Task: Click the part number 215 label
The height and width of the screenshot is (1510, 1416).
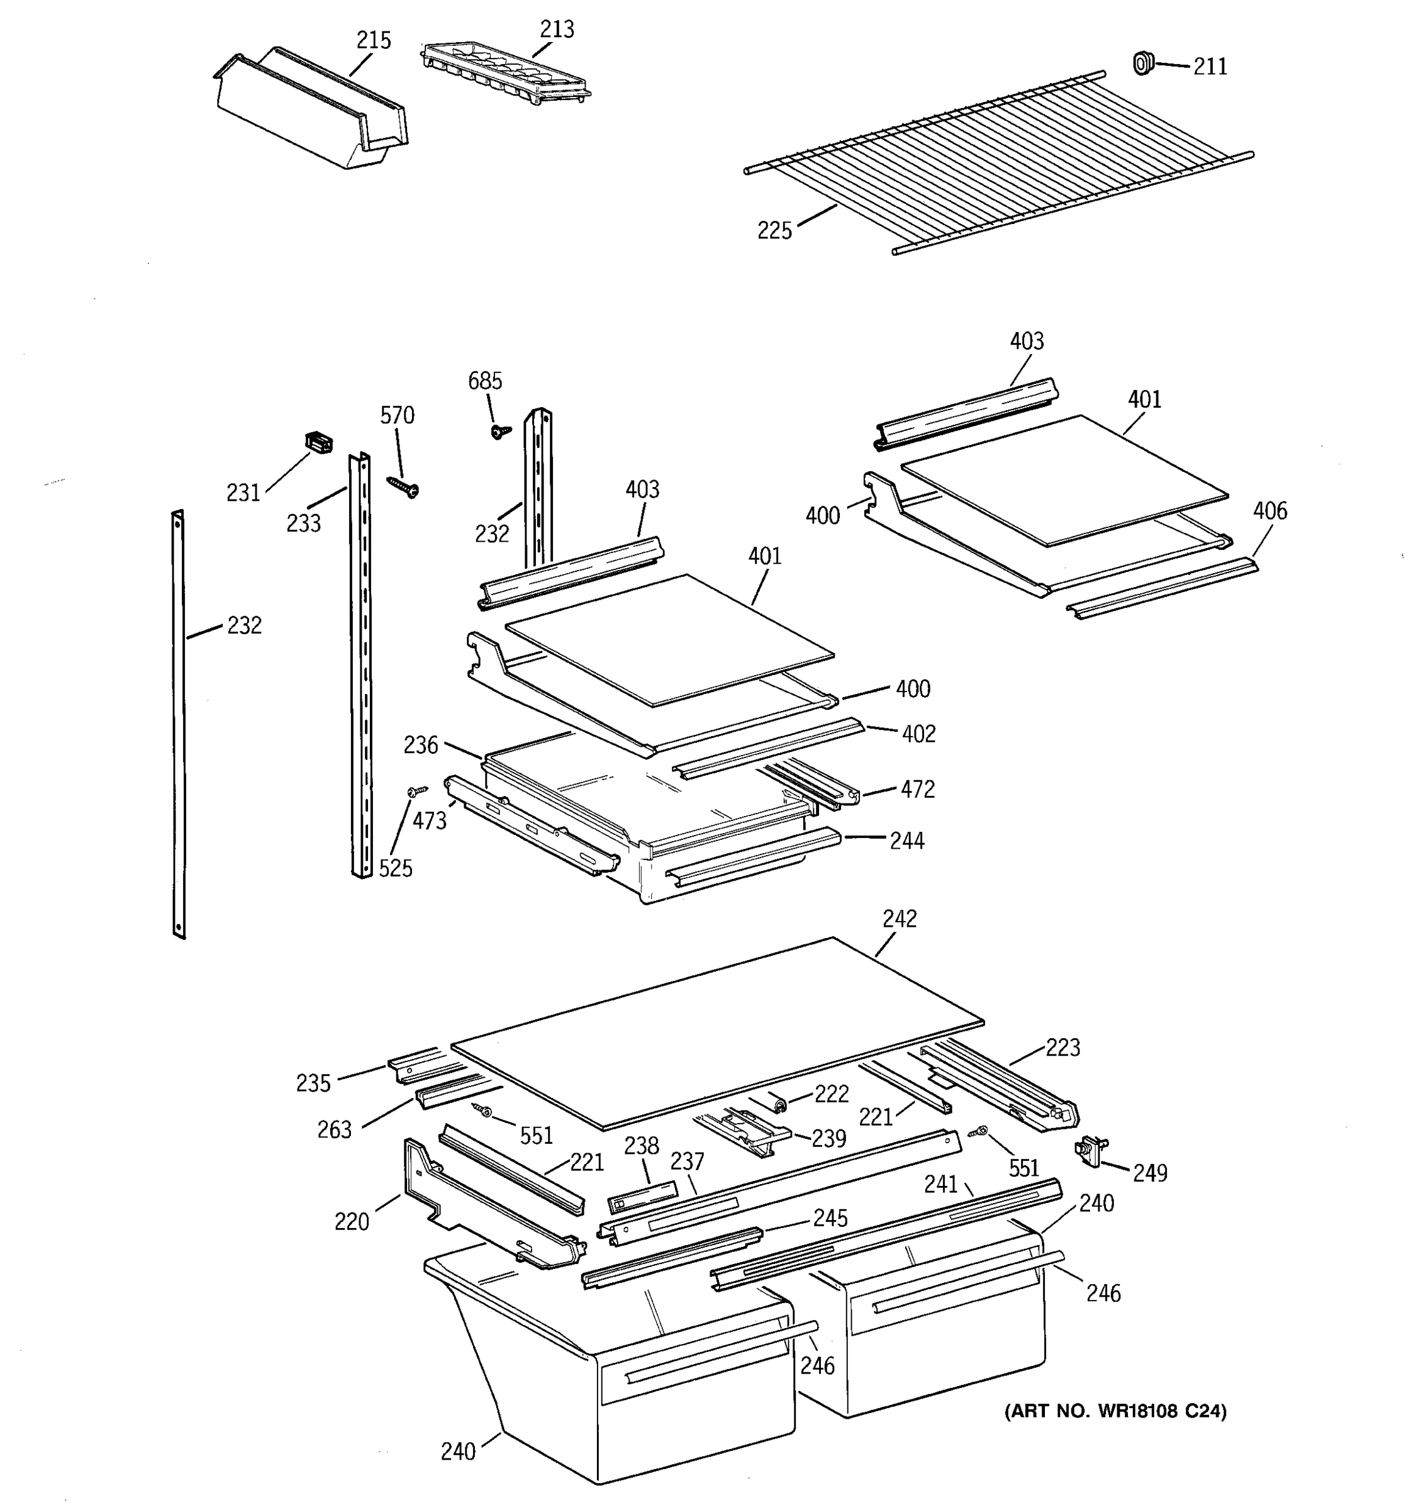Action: pos(374,40)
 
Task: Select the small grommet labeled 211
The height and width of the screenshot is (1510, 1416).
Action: pos(1141,63)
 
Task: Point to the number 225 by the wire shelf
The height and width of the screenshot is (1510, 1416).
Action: pos(774,230)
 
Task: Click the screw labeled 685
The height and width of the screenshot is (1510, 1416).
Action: pos(499,432)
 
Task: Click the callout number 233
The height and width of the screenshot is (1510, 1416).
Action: pos(303,523)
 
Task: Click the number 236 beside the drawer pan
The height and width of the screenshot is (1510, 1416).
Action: pos(421,745)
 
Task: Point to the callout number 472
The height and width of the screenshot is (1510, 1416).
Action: pos(917,789)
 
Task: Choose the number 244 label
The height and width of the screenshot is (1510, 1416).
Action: pos(906,841)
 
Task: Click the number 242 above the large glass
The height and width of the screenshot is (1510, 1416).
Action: pos(900,919)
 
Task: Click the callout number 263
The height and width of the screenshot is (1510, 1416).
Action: pos(334,1129)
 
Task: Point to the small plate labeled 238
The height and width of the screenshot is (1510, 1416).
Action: pos(642,1198)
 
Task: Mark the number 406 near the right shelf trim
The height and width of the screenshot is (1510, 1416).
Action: pos(1269,511)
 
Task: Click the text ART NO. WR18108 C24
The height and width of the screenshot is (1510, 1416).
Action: pos(1115,1411)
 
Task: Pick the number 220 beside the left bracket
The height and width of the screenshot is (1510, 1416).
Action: pos(352,1221)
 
